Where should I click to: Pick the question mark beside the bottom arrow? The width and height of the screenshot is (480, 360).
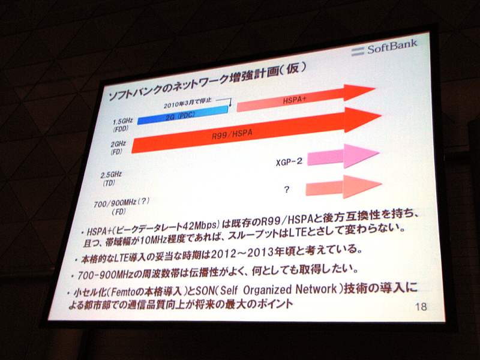pyautogui.click(x=287, y=190)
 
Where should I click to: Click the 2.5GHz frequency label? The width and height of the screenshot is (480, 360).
pyautogui.click(x=112, y=175)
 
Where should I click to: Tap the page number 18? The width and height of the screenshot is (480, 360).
pyautogui.click(x=421, y=307)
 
